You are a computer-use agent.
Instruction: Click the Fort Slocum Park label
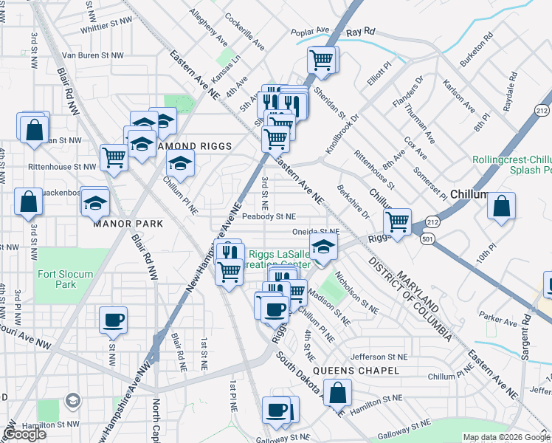[66, 279]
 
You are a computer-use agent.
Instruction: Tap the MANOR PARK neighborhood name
[123, 222]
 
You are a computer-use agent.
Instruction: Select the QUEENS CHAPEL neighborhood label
[356, 371]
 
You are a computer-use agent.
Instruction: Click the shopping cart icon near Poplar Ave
[321, 60]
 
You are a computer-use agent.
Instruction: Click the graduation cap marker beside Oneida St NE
[322, 248]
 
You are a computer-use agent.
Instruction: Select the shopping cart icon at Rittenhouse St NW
[114, 157]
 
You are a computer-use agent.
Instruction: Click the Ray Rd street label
[361, 32]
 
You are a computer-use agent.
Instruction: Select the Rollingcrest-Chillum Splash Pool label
[511, 164]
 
